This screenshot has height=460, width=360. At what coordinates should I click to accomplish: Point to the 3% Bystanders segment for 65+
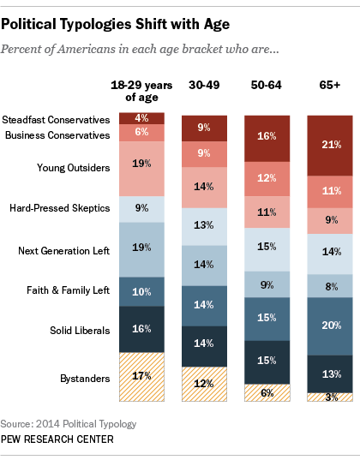tap(330, 397)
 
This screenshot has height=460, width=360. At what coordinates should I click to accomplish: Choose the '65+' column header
tap(330, 84)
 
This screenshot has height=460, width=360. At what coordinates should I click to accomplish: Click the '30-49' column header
tap(204, 84)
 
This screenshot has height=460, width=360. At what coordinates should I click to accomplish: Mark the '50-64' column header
tap(267, 84)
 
